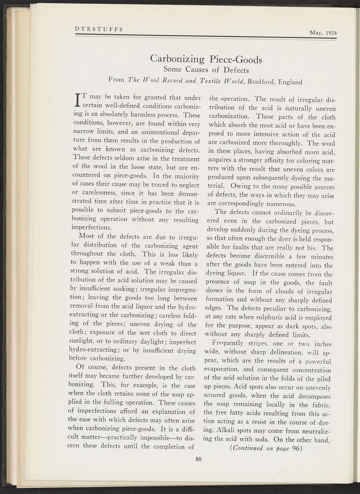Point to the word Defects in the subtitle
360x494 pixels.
tap(237, 71)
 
